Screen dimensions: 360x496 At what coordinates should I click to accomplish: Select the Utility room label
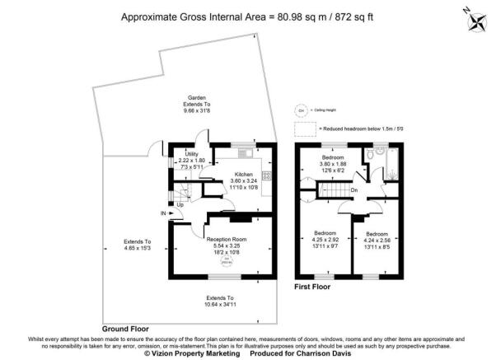[x=191, y=154]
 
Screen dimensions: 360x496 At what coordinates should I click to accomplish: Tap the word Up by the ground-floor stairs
[x=180, y=204]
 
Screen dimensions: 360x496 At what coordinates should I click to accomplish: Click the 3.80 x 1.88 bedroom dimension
[x=334, y=163]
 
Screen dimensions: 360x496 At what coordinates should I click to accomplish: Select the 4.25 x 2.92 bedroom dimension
[x=332, y=241]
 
